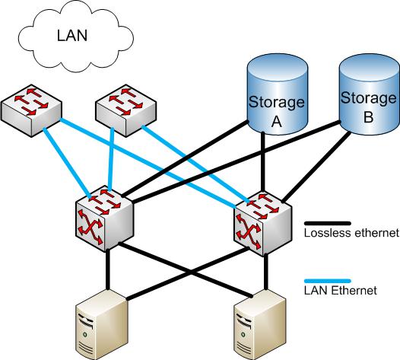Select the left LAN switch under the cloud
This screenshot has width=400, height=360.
[30, 107]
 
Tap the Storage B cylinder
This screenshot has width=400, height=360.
[368, 95]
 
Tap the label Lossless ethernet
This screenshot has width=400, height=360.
[351, 234]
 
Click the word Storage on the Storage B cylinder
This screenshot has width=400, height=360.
[369, 98]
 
